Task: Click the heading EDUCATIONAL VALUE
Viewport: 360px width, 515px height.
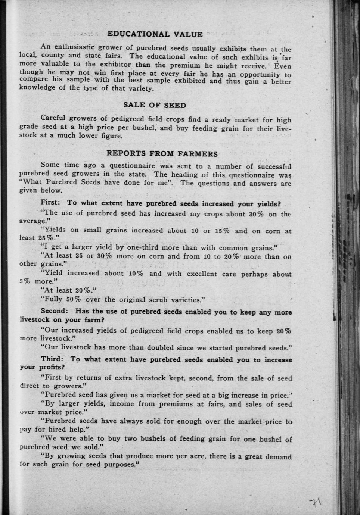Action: tap(155, 34)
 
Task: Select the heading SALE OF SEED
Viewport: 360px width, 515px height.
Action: tap(155, 105)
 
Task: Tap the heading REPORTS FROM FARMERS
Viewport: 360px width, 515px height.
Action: tap(162, 153)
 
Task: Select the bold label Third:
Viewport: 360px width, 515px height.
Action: tap(52, 359)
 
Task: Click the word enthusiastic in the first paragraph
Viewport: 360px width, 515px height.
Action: tap(74, 47)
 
